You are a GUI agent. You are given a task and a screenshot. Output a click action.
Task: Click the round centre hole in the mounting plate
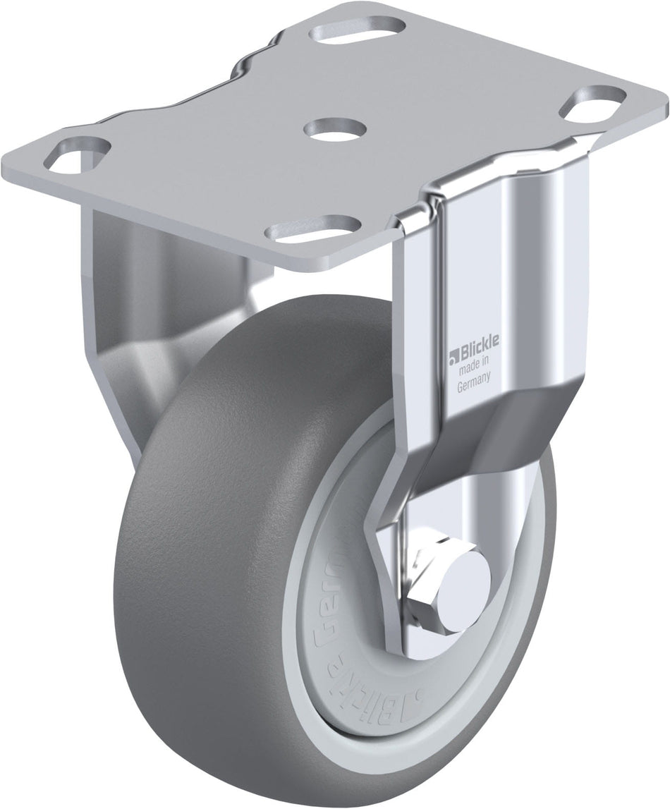(x=336, y=130)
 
